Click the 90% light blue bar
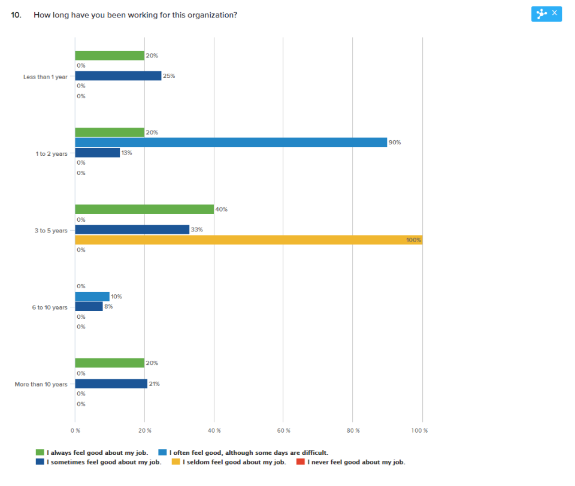(231, 142)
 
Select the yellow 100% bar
(248, 240)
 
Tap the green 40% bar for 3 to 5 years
(144, 209)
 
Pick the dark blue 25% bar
(118, 76)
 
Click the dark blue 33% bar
(132, 230)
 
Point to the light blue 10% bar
(92, 297)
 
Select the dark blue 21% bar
(111, 384)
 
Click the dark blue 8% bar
(89, 307)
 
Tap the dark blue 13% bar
(97, 153)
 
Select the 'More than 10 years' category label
(41, 384)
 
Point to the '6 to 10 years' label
(50, 307)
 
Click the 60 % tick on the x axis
(284, 430)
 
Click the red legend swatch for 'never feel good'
(301, 462)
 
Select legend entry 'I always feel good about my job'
(96, 452)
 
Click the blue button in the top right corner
(546, 13)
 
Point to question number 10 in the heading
(16, 14)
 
